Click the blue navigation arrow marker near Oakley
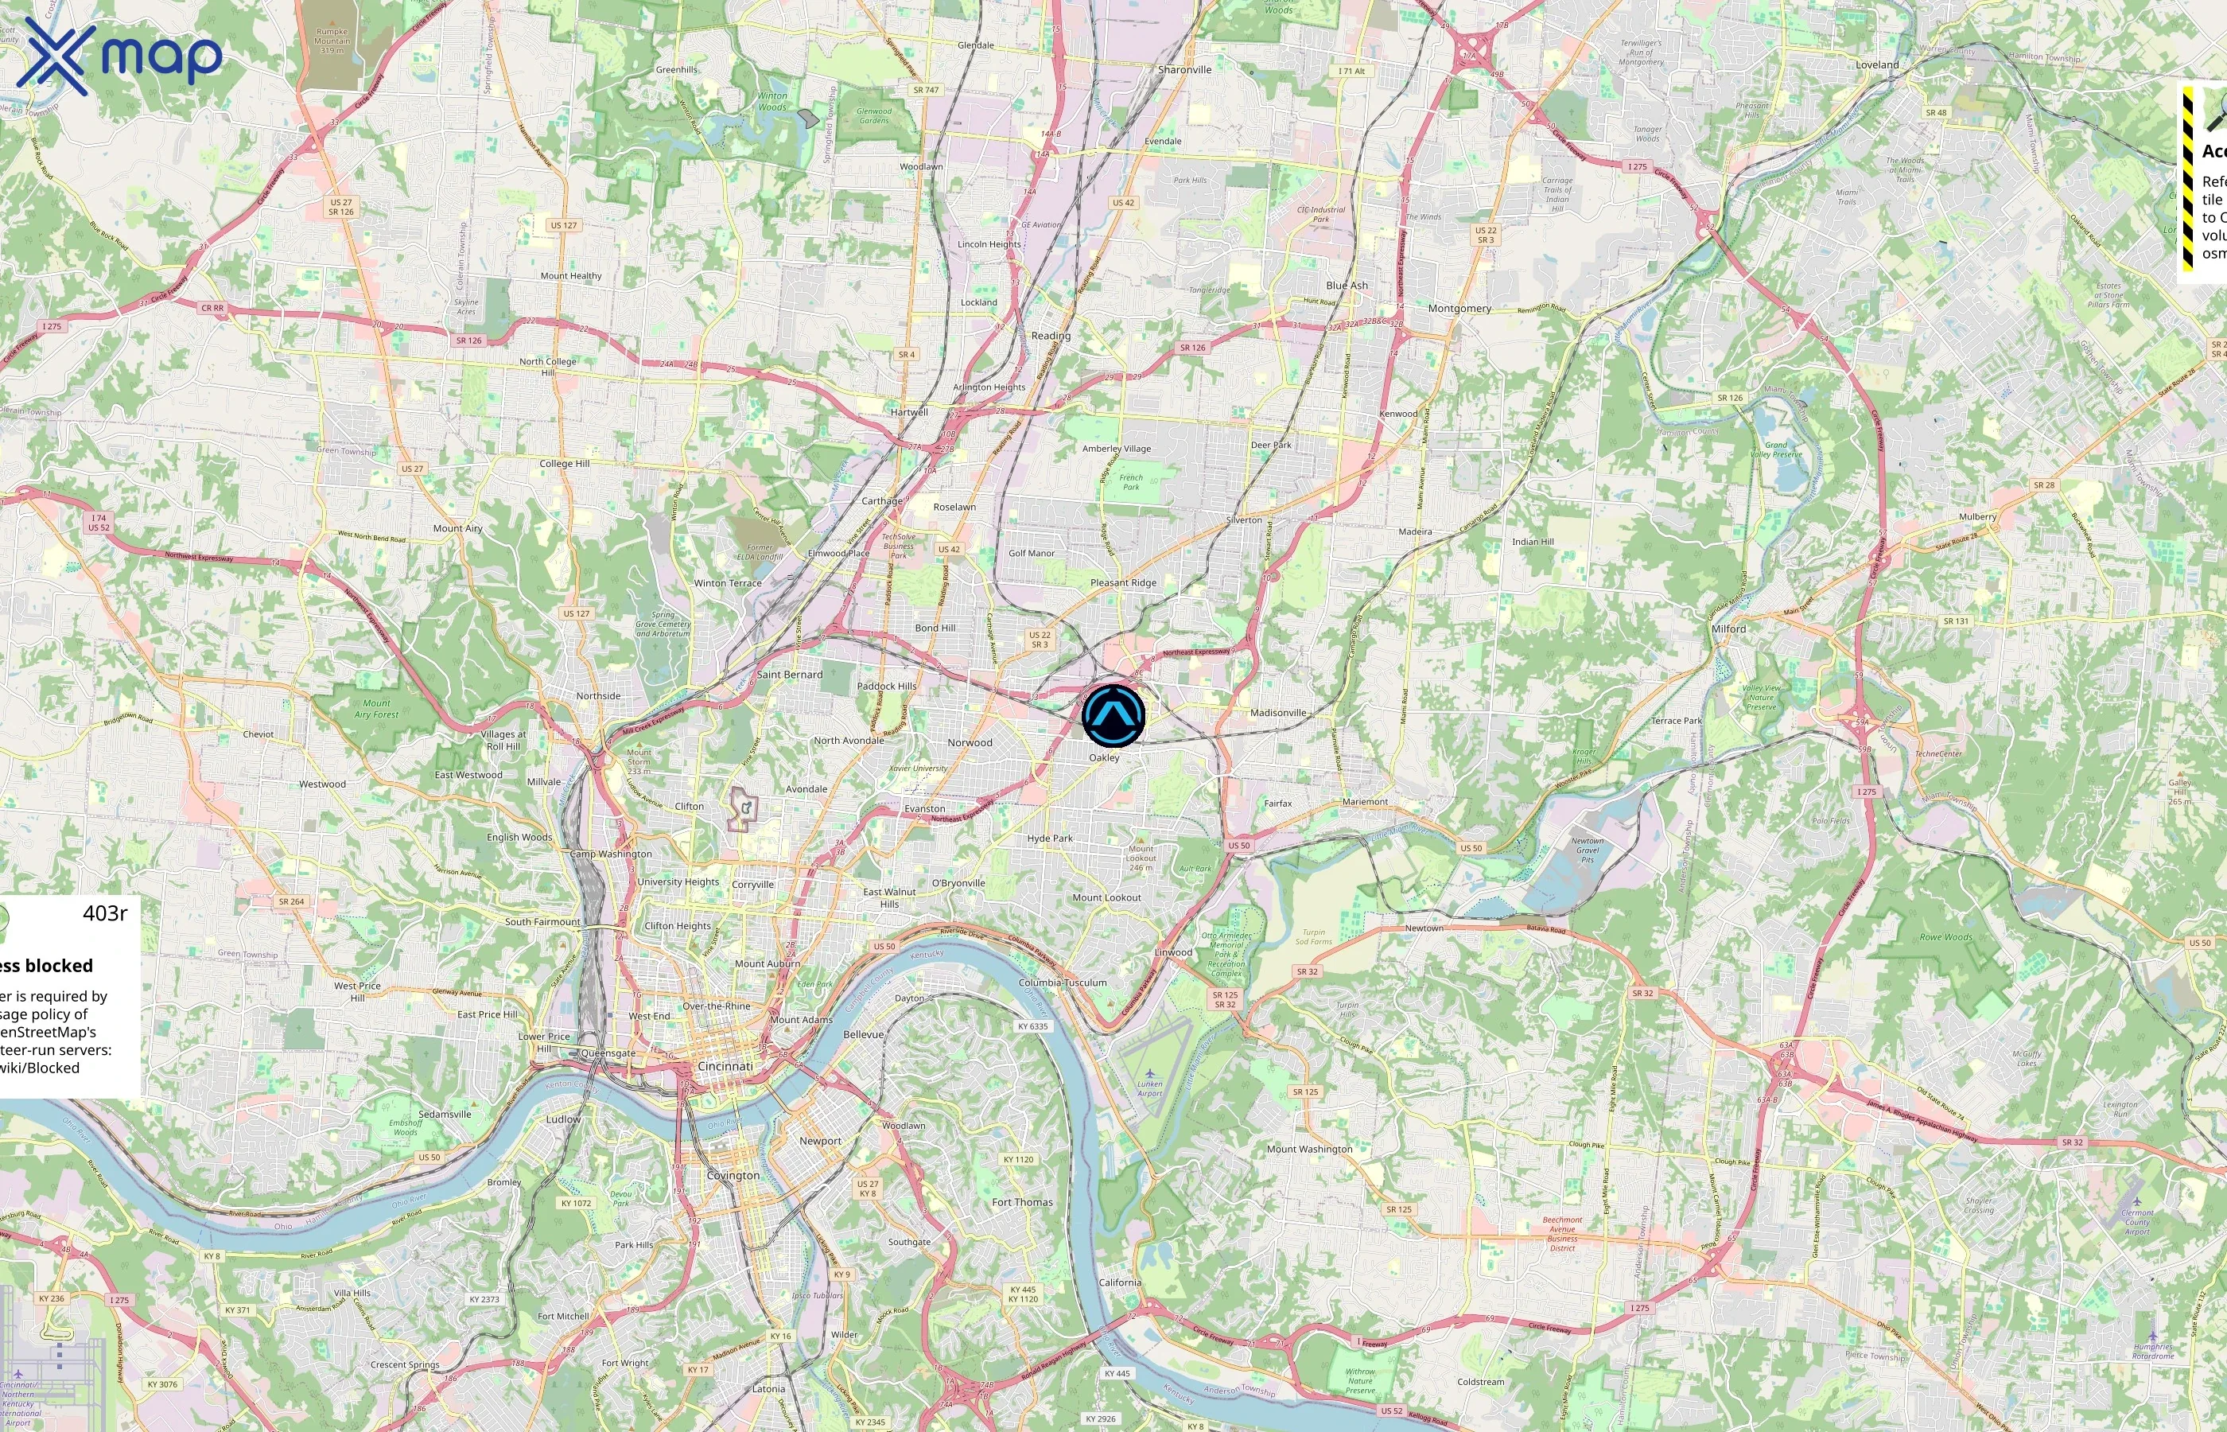click(1113, 715)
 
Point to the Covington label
click(733, 1175)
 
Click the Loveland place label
click(1876, 65)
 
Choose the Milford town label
click(1729, 628)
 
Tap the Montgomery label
click(1459, 309)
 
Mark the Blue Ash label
click(1347, 286)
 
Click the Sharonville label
click(1184, 70)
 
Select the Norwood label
click(970, 743)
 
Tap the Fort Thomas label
click(1022, 1202)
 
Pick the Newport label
click(820, 1141)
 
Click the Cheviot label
click(258, 734)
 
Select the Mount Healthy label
click(571, 276)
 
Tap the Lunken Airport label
click(1150, 1088)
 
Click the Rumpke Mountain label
click(332, 40)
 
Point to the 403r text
click(105, 913)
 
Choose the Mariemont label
click(1365, 802)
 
